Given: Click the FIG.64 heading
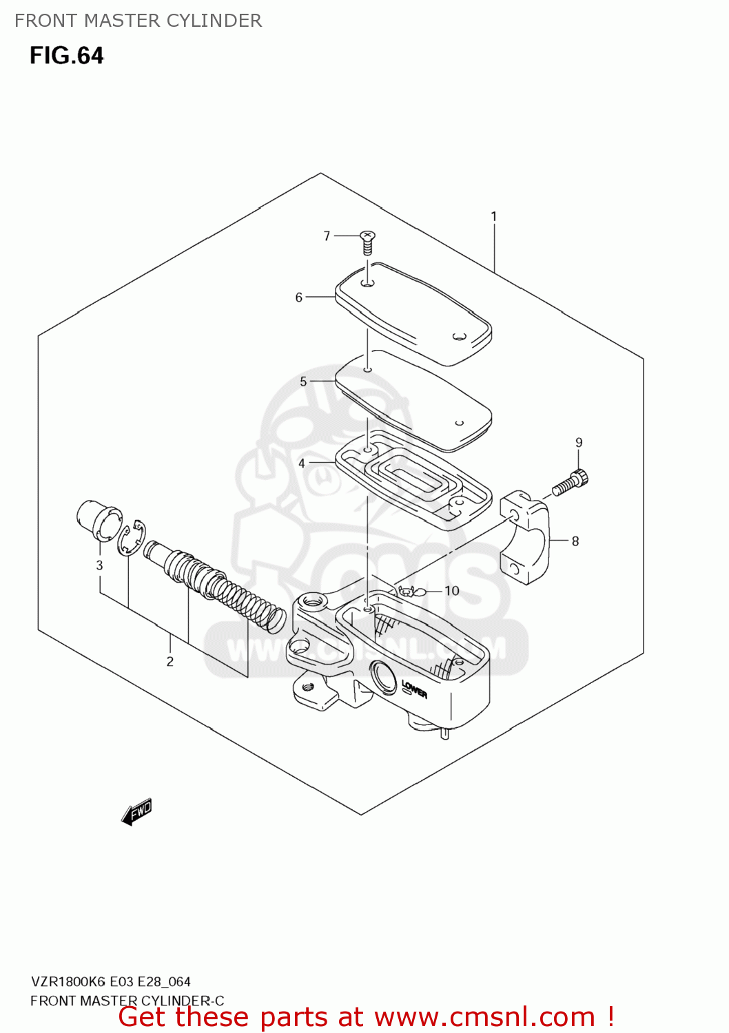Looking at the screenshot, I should coord(66,55).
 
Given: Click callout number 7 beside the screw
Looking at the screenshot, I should coord(327,236).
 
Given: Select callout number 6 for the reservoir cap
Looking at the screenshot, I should coord(299,298).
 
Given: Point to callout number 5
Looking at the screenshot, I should coord(303,382).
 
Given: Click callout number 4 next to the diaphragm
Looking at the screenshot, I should coord(302,463).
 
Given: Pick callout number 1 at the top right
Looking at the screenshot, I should coord(493,216).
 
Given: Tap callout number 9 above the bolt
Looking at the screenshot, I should coord(579,443).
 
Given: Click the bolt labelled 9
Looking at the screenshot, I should coord(571,482).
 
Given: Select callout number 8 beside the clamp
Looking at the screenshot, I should coord(575,541).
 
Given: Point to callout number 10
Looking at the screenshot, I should coord(451,591).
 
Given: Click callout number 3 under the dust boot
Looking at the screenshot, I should coord(99,565).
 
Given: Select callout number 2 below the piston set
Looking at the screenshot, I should coord(170,662).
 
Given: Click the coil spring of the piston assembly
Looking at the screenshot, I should coord(248,601).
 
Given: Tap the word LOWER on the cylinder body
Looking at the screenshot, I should coord(414,689).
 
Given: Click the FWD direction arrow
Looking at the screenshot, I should coord(136,812).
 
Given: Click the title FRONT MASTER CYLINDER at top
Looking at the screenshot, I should coord(138,21).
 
